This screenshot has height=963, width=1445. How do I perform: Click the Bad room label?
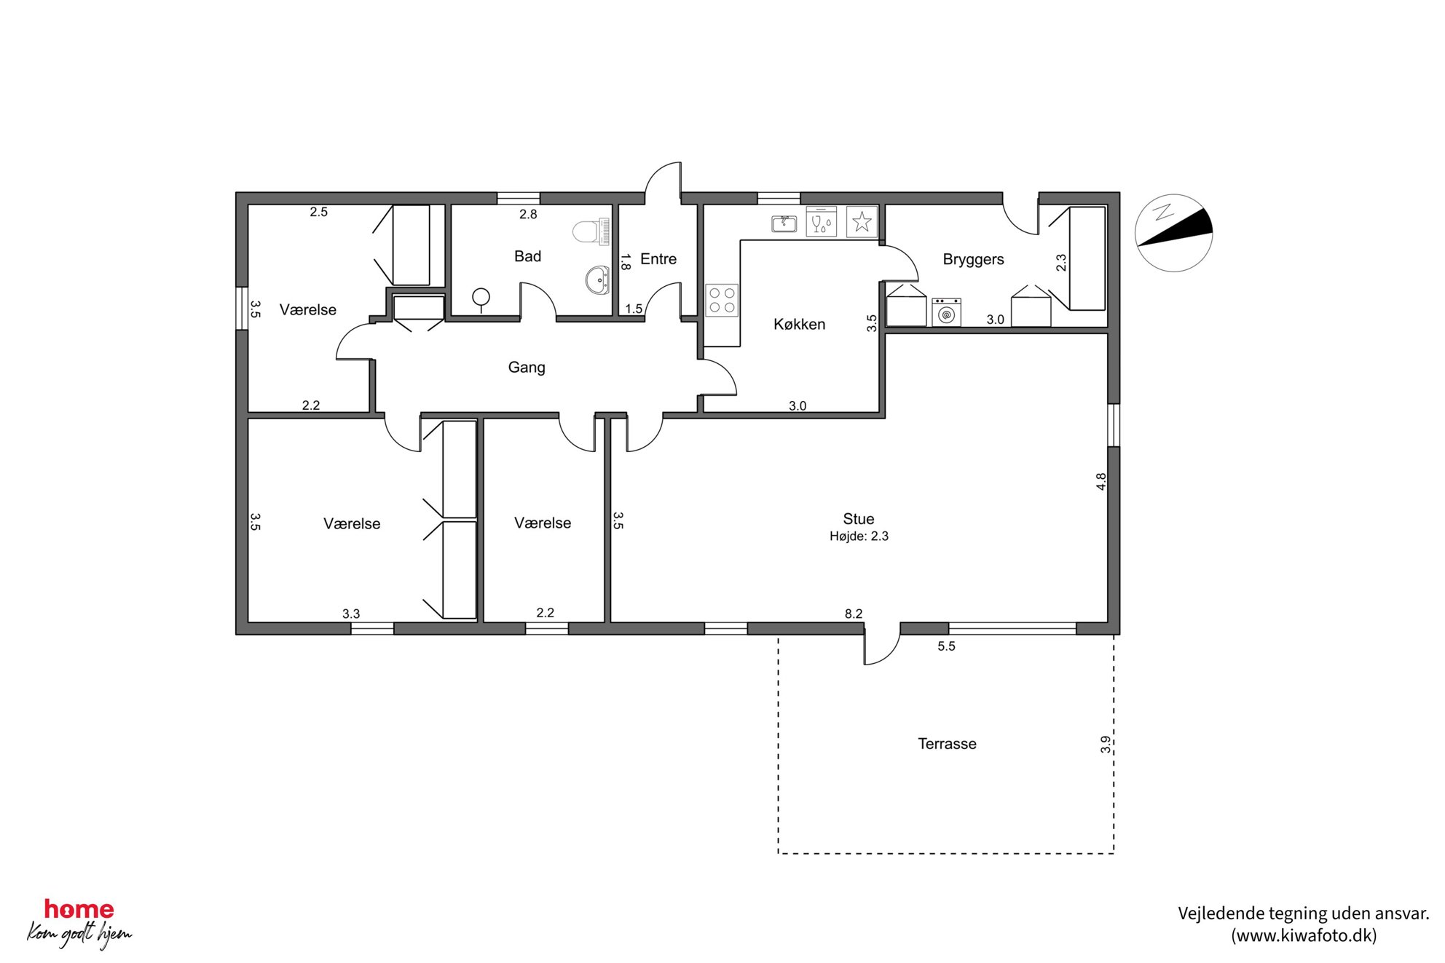coord(527,256)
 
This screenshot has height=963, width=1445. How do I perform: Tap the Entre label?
coord(658,259)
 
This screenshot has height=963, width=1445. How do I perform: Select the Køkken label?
coord(799,325)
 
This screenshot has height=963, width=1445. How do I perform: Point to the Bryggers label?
coord(973,260)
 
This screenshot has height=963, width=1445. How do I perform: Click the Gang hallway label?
coord(527,368)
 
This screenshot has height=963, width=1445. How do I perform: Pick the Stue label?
coord(859,519)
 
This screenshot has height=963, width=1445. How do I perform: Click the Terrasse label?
coord(947,744)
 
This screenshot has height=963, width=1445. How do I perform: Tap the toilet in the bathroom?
coord(591,231)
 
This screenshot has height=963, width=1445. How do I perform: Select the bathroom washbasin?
coord(597,280)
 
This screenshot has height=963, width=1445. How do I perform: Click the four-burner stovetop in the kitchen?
coord(722,300)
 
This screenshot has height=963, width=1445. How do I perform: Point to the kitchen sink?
coord(784,223)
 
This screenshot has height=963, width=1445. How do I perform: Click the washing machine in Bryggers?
coord(946,312)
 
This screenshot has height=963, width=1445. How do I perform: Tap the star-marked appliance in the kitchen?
coord(862,221)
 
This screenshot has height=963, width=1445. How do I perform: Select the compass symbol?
coord(1173,233)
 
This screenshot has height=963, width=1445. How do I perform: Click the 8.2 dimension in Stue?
coord(854,614)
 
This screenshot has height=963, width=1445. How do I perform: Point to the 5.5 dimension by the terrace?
coord(946,646)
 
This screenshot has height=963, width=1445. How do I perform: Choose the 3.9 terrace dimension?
coord(1106,745)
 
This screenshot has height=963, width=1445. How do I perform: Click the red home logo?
coord(79,909)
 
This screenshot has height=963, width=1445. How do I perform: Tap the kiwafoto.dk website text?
coord(1304,936)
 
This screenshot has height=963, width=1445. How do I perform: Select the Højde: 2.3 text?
coord(859,536)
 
